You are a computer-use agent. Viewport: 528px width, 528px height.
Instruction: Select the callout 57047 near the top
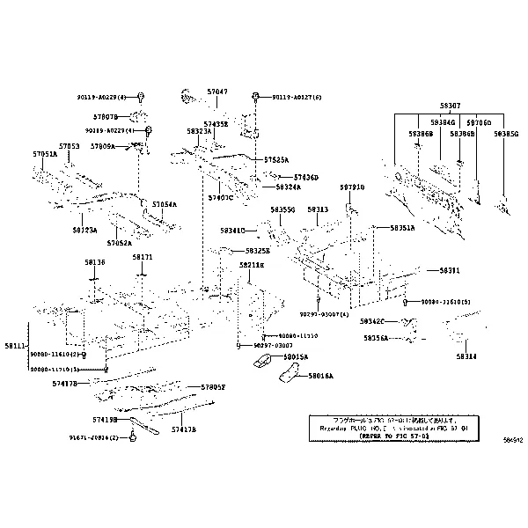coord(216,92)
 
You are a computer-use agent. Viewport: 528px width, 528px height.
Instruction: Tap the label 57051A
coord(45,154)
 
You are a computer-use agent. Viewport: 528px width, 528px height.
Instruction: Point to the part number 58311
coord(449,270)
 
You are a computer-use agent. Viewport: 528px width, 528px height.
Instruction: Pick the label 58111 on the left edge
coord(15,347)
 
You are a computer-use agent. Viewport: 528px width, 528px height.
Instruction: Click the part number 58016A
coord(320,375)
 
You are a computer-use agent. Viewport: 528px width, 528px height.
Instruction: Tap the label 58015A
coord(296,357)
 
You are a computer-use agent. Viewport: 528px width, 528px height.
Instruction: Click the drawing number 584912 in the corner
coord(512,438)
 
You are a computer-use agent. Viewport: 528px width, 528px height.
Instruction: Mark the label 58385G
coord(506,134)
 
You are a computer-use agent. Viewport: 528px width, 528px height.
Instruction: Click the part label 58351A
coord(402,228)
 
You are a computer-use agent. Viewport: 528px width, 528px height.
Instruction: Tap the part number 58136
coord(94,261)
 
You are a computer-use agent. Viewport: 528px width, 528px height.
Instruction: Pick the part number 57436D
coord(305,177)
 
